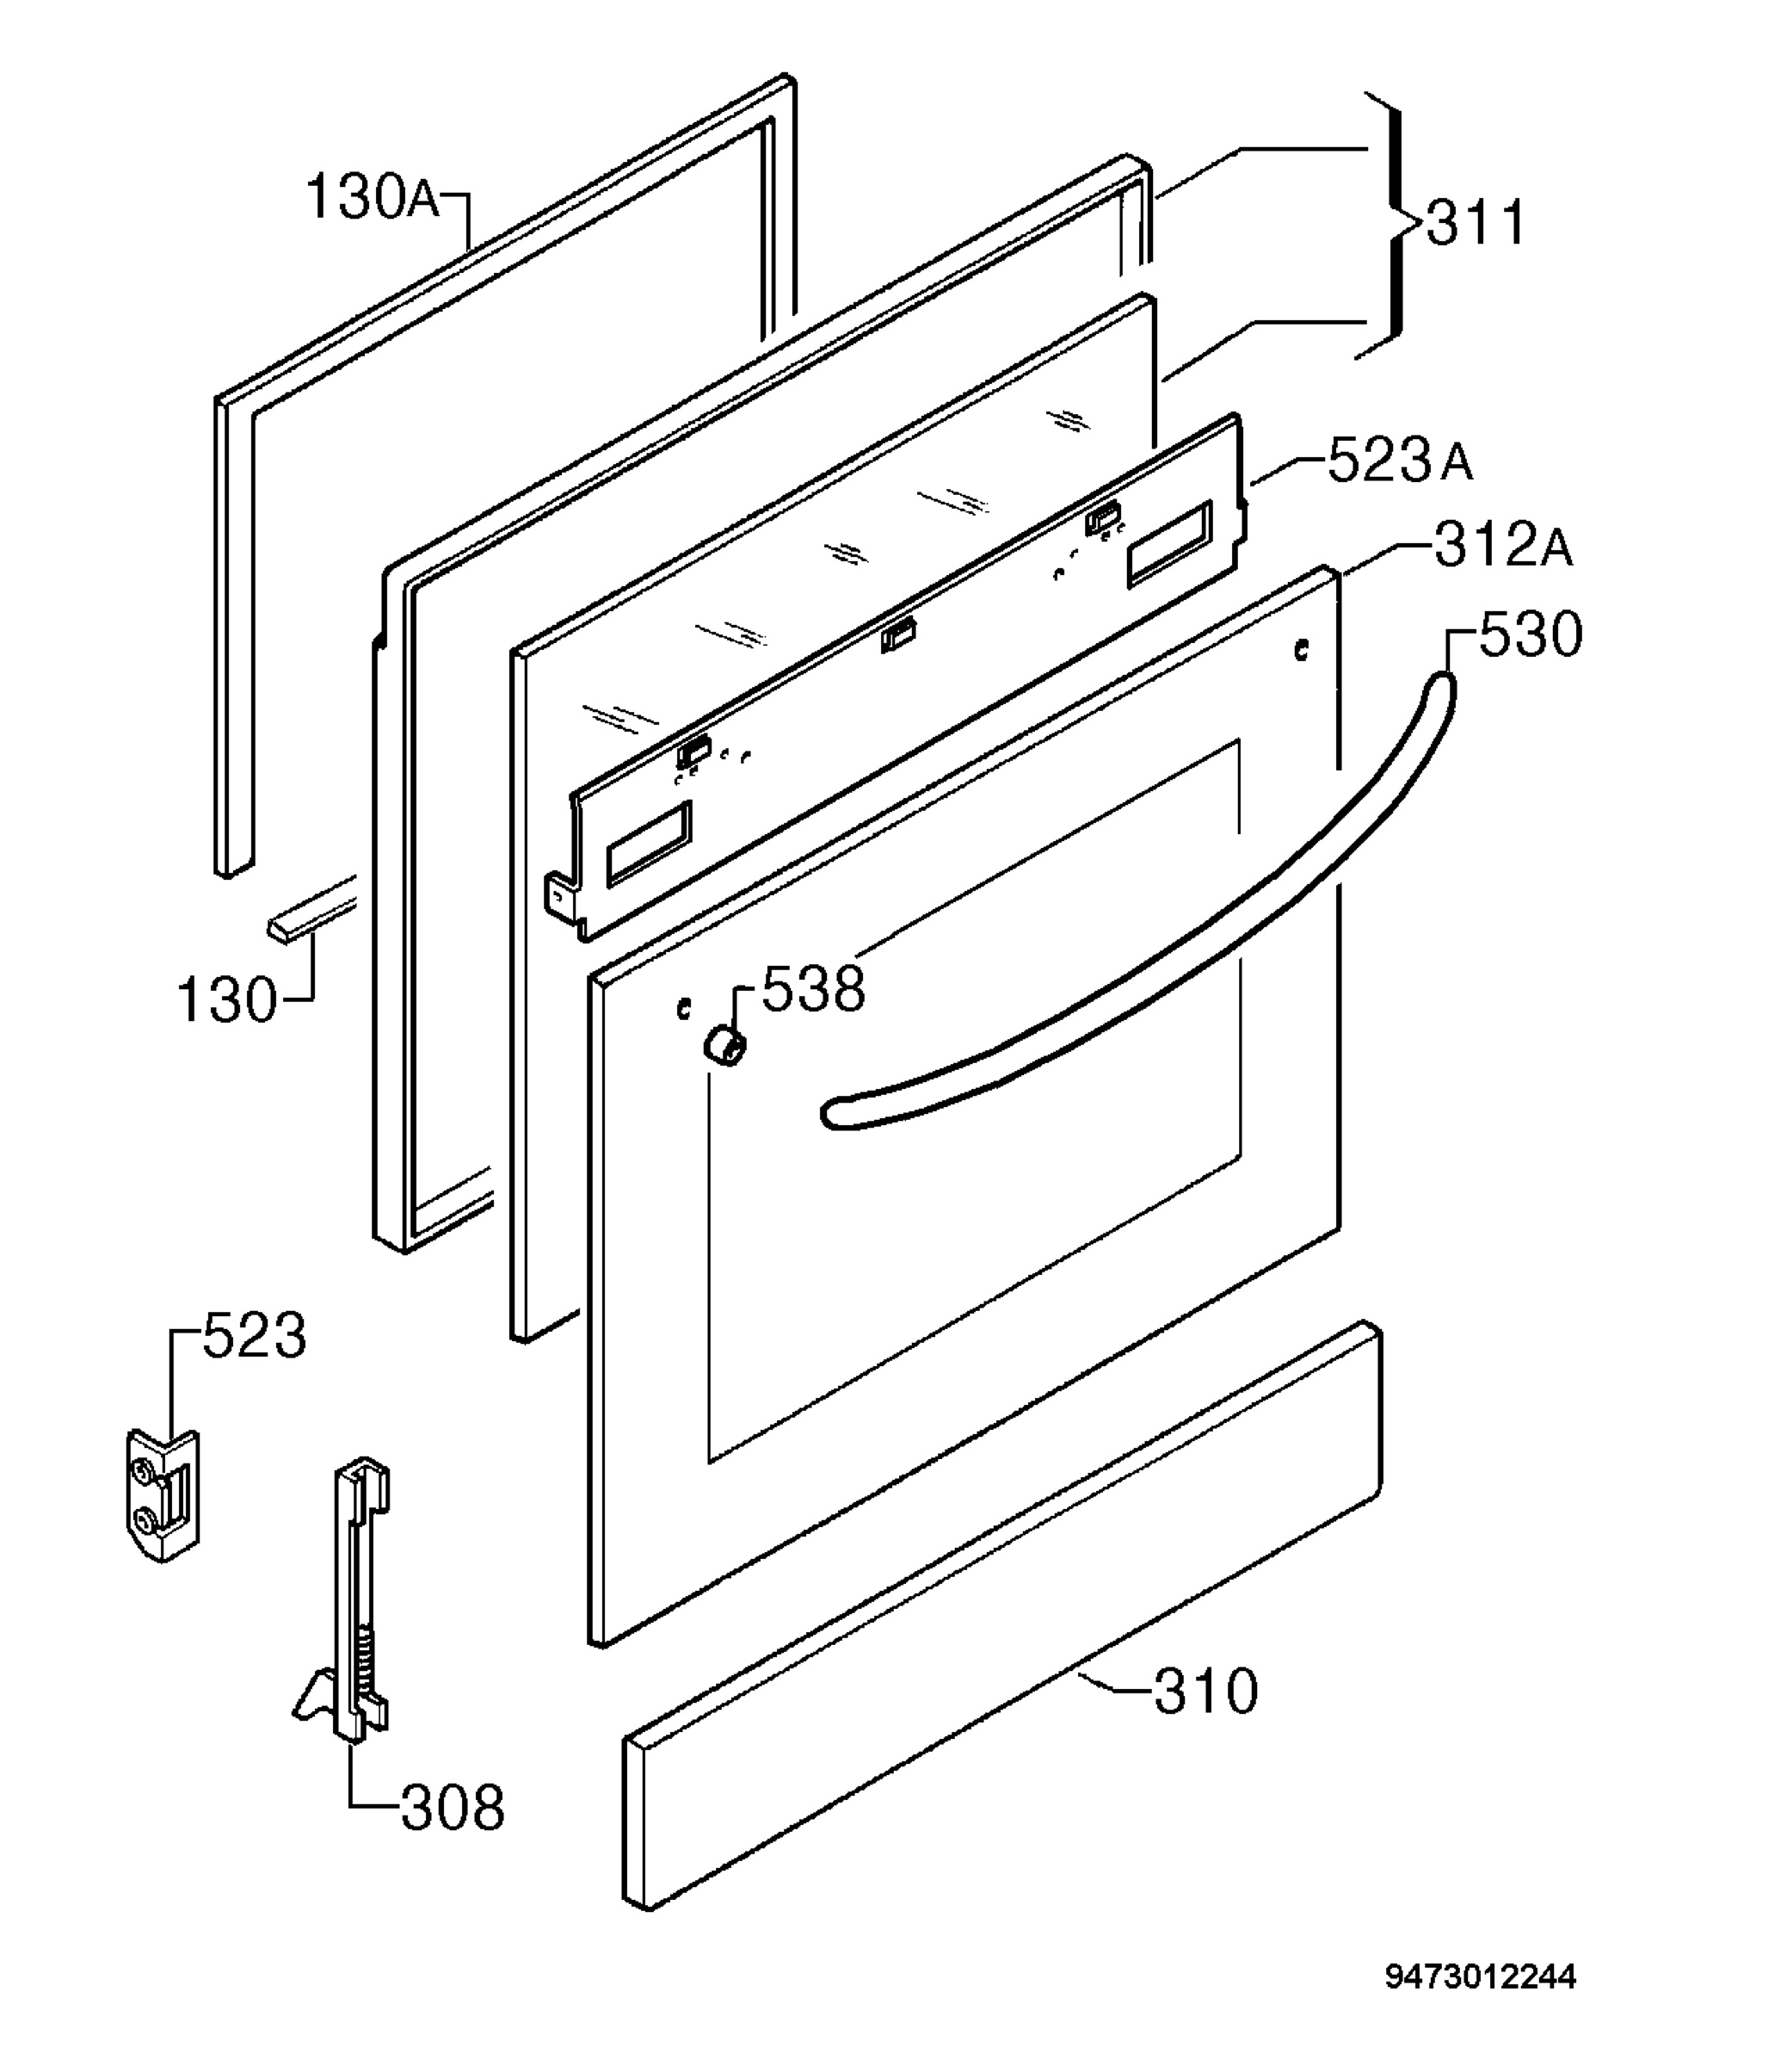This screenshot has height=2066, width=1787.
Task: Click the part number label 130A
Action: click(372, 196)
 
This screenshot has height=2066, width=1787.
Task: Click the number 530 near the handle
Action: click(1531, 634)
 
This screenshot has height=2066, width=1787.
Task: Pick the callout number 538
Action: click(814, 990)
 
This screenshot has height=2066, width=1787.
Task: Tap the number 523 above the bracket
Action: click(255, 1336)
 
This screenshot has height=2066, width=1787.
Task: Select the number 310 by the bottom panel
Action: click(1206, 1691)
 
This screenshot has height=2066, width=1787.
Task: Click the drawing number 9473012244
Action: click(1481, 1977)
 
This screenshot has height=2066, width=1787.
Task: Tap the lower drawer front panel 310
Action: click(1001, 1616)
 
